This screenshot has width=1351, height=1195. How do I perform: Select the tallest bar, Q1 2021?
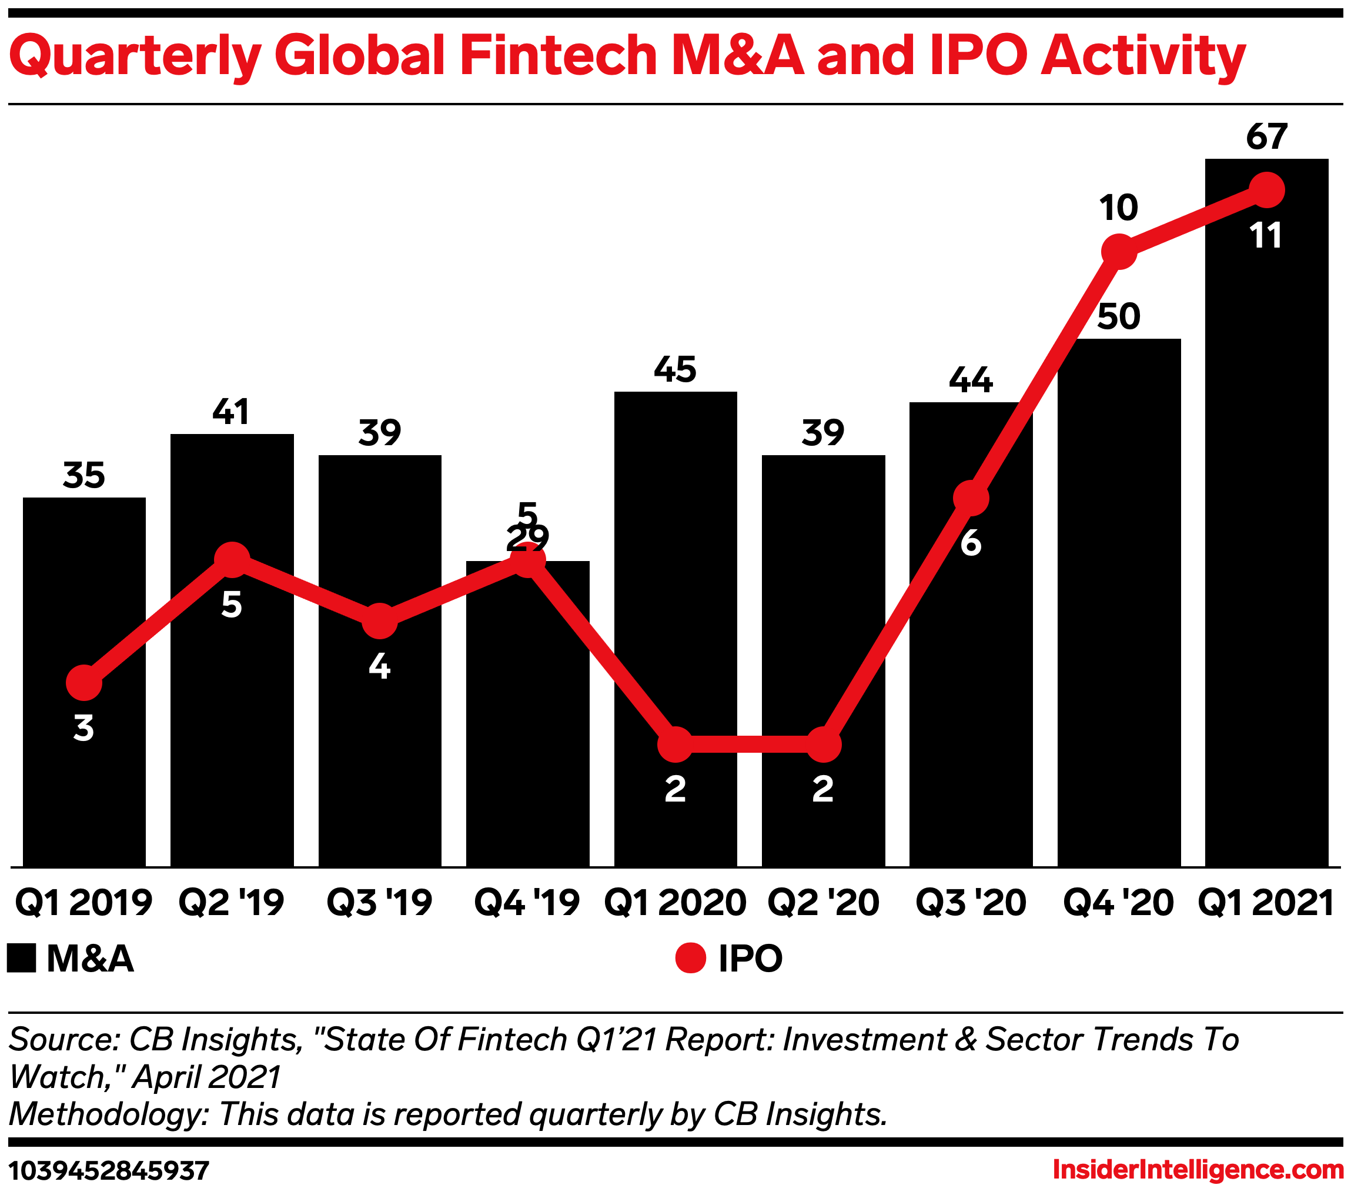coord(1266,529)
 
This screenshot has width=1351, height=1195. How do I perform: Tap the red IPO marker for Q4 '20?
coord(1119,251)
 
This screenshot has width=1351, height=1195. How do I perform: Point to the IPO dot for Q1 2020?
coord(675,745)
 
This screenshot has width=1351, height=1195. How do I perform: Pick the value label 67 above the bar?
coord(1266,137)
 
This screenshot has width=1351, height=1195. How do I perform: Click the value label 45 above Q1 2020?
coord(675,369)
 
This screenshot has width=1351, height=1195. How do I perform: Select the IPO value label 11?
coord(1266,235)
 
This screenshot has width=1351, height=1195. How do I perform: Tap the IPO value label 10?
coord(1118,208)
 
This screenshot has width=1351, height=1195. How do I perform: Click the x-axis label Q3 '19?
coord(379,903)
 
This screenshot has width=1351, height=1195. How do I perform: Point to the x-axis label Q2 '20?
coord(823,903)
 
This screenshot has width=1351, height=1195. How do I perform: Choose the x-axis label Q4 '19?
coord(527,903)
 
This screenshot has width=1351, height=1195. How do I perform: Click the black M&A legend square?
coord(21,958)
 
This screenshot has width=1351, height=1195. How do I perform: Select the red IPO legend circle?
coord(691,958)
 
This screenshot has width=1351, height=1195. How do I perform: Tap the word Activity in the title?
coord(1143,56)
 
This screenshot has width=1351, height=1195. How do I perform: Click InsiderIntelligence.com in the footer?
coord(1198,1170)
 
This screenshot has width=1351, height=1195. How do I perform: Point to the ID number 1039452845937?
coord(109,1170)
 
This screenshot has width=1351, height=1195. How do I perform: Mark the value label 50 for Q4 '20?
coord(1118,316)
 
